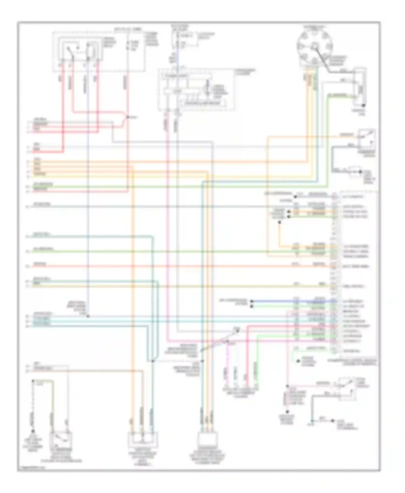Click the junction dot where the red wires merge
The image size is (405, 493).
point(128,117)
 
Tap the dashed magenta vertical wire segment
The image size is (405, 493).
point(227,361)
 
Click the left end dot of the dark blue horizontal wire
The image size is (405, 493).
point(251,301)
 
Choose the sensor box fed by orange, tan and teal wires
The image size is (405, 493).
point(143,440)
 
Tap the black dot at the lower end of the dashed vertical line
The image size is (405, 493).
point(33,431)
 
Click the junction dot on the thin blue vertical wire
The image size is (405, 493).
point(88,316)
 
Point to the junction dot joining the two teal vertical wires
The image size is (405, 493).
point(152,361)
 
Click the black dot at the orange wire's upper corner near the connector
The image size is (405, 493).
point(279,222)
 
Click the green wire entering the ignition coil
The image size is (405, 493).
point(340,95)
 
